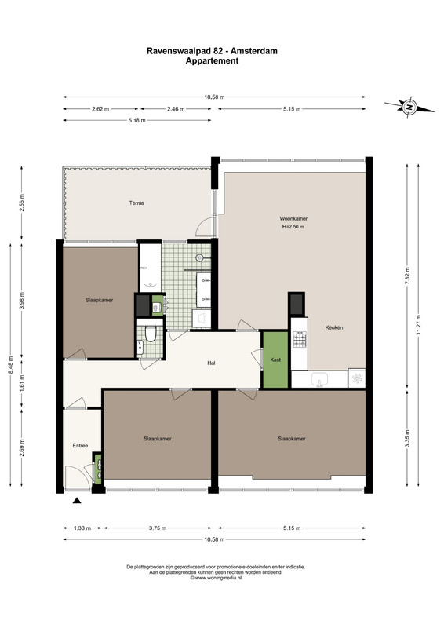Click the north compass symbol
(x=409, y=107)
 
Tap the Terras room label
(x=136, y=203)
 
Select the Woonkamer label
(x=293, y=219)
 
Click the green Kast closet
(x=275, y=360)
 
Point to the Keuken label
(x=334, y=327)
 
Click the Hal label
(x=211, y=363)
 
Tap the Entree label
(x=80, y=445)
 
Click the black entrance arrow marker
(x=77, y=500)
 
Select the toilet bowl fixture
(x=151, y=334)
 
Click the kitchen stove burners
(x=299, y=340)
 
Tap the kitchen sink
(x=319, y=379)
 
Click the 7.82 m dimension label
(x=407, y=276)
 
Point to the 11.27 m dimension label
(x=418, y=324)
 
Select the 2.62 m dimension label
(x=100, y=109)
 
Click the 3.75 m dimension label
(x=158, y=528)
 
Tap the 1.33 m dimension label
(x=82, y=528)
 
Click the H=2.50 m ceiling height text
(x=293, y=227)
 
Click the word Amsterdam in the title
(x=257, y=51)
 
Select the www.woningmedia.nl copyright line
(x=216, y=578)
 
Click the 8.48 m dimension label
(x=10, y=365)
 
